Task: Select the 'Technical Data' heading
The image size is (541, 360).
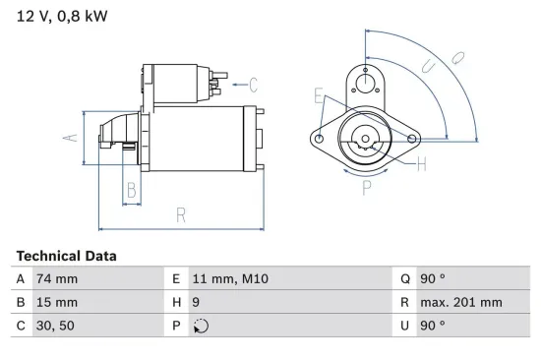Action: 66,256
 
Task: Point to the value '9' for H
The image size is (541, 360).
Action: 197,302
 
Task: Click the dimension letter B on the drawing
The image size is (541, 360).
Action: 131,191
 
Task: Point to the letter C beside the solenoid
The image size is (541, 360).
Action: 252,84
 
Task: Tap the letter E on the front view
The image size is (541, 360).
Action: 319,95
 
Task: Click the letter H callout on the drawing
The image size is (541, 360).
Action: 420,164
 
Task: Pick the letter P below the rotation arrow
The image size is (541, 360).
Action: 366,186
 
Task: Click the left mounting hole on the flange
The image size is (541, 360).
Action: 321,140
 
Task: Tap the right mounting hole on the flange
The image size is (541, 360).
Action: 413,139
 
